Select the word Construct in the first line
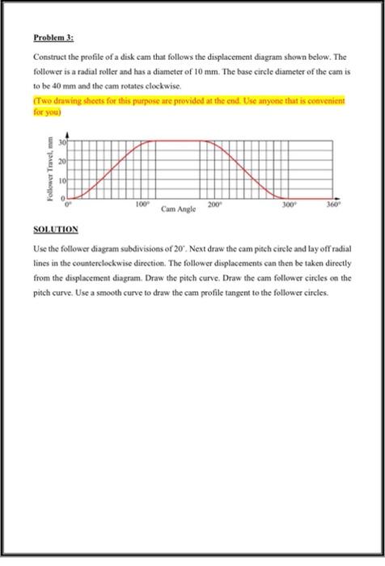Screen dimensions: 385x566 coord(49,58)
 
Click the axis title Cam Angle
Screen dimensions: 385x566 coord(178,209)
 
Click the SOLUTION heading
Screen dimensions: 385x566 coord(56,230)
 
